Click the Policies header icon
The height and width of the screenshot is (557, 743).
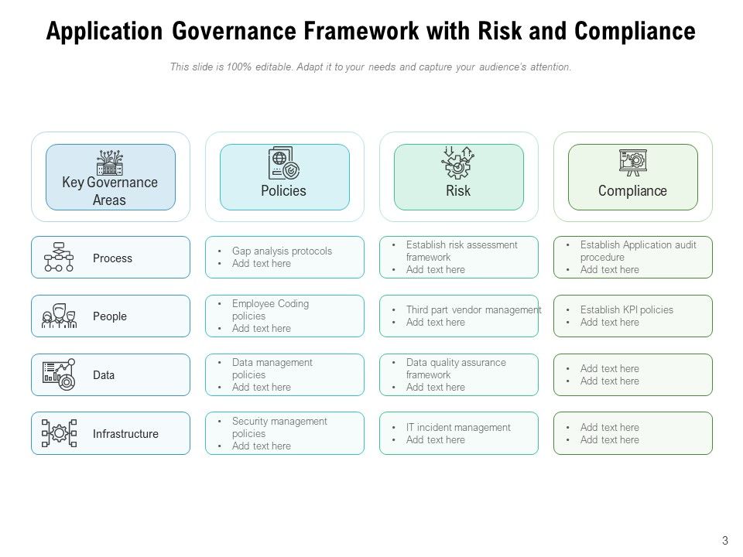coord(283,163)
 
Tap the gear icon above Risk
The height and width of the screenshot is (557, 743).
coord(457,163)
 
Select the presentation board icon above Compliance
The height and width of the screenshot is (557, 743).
coord(632,162)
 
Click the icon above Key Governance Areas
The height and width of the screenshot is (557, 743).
coord(110,162)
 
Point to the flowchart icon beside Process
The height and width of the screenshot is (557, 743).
coord(59,258)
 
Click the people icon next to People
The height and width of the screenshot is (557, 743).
coord(59,316)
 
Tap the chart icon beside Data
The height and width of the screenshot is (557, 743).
coord(59,375)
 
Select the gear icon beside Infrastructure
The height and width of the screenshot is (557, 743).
coord(59,434)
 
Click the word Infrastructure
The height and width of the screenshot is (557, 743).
coord(125,434)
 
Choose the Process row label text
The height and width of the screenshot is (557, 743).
coord(112,258)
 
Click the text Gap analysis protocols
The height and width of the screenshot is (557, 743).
coord(282,251)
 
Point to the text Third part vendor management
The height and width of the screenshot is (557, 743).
coord(474,310)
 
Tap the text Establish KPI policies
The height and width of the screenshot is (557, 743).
coord(627,310)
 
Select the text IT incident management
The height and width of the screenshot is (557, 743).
coord(458,428)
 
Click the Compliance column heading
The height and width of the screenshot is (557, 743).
coord(632,191)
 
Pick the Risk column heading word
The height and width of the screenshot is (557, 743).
coord(458,191)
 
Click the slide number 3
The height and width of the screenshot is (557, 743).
coord(725,541)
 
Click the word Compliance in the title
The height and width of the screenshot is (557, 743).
coord(635,32)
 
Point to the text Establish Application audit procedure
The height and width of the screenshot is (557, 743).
coord(639,251)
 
